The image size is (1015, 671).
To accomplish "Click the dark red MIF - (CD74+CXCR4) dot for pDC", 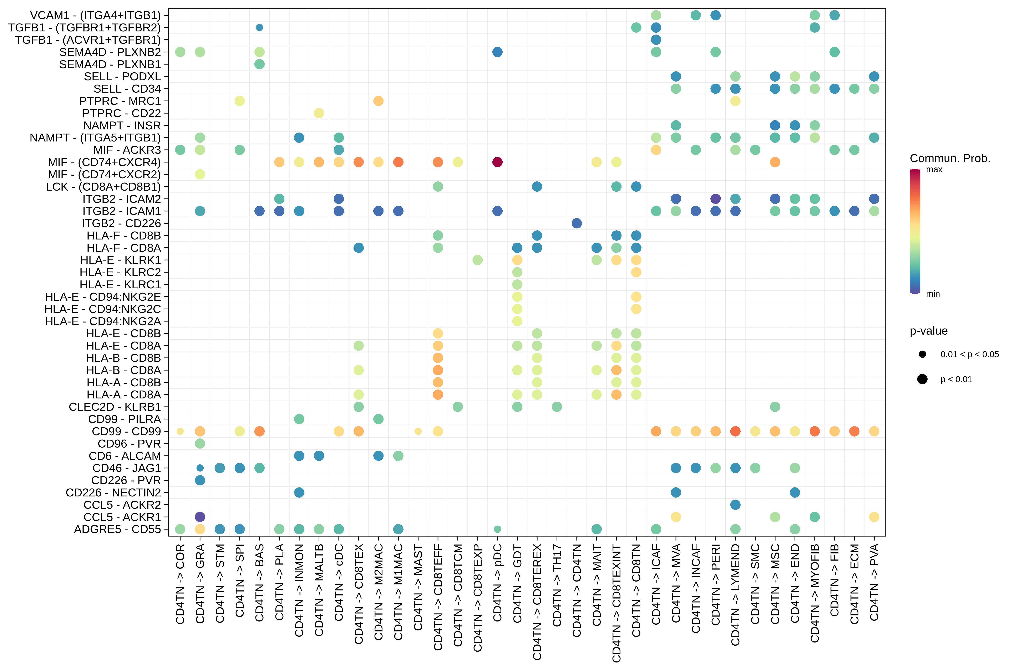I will coord(497,162).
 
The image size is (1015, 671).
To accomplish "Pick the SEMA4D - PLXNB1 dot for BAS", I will coord(259,64).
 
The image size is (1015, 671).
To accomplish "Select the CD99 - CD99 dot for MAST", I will coord(418,431).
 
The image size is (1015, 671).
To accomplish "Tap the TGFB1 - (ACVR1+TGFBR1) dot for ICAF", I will coord(656,40).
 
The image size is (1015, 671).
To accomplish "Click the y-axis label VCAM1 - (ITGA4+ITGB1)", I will coord(95,15).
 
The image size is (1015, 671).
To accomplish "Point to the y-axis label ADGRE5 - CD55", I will coord(117,529).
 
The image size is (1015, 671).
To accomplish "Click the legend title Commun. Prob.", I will coord(950,158).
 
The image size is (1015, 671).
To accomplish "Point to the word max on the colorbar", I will coord(934,169).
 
